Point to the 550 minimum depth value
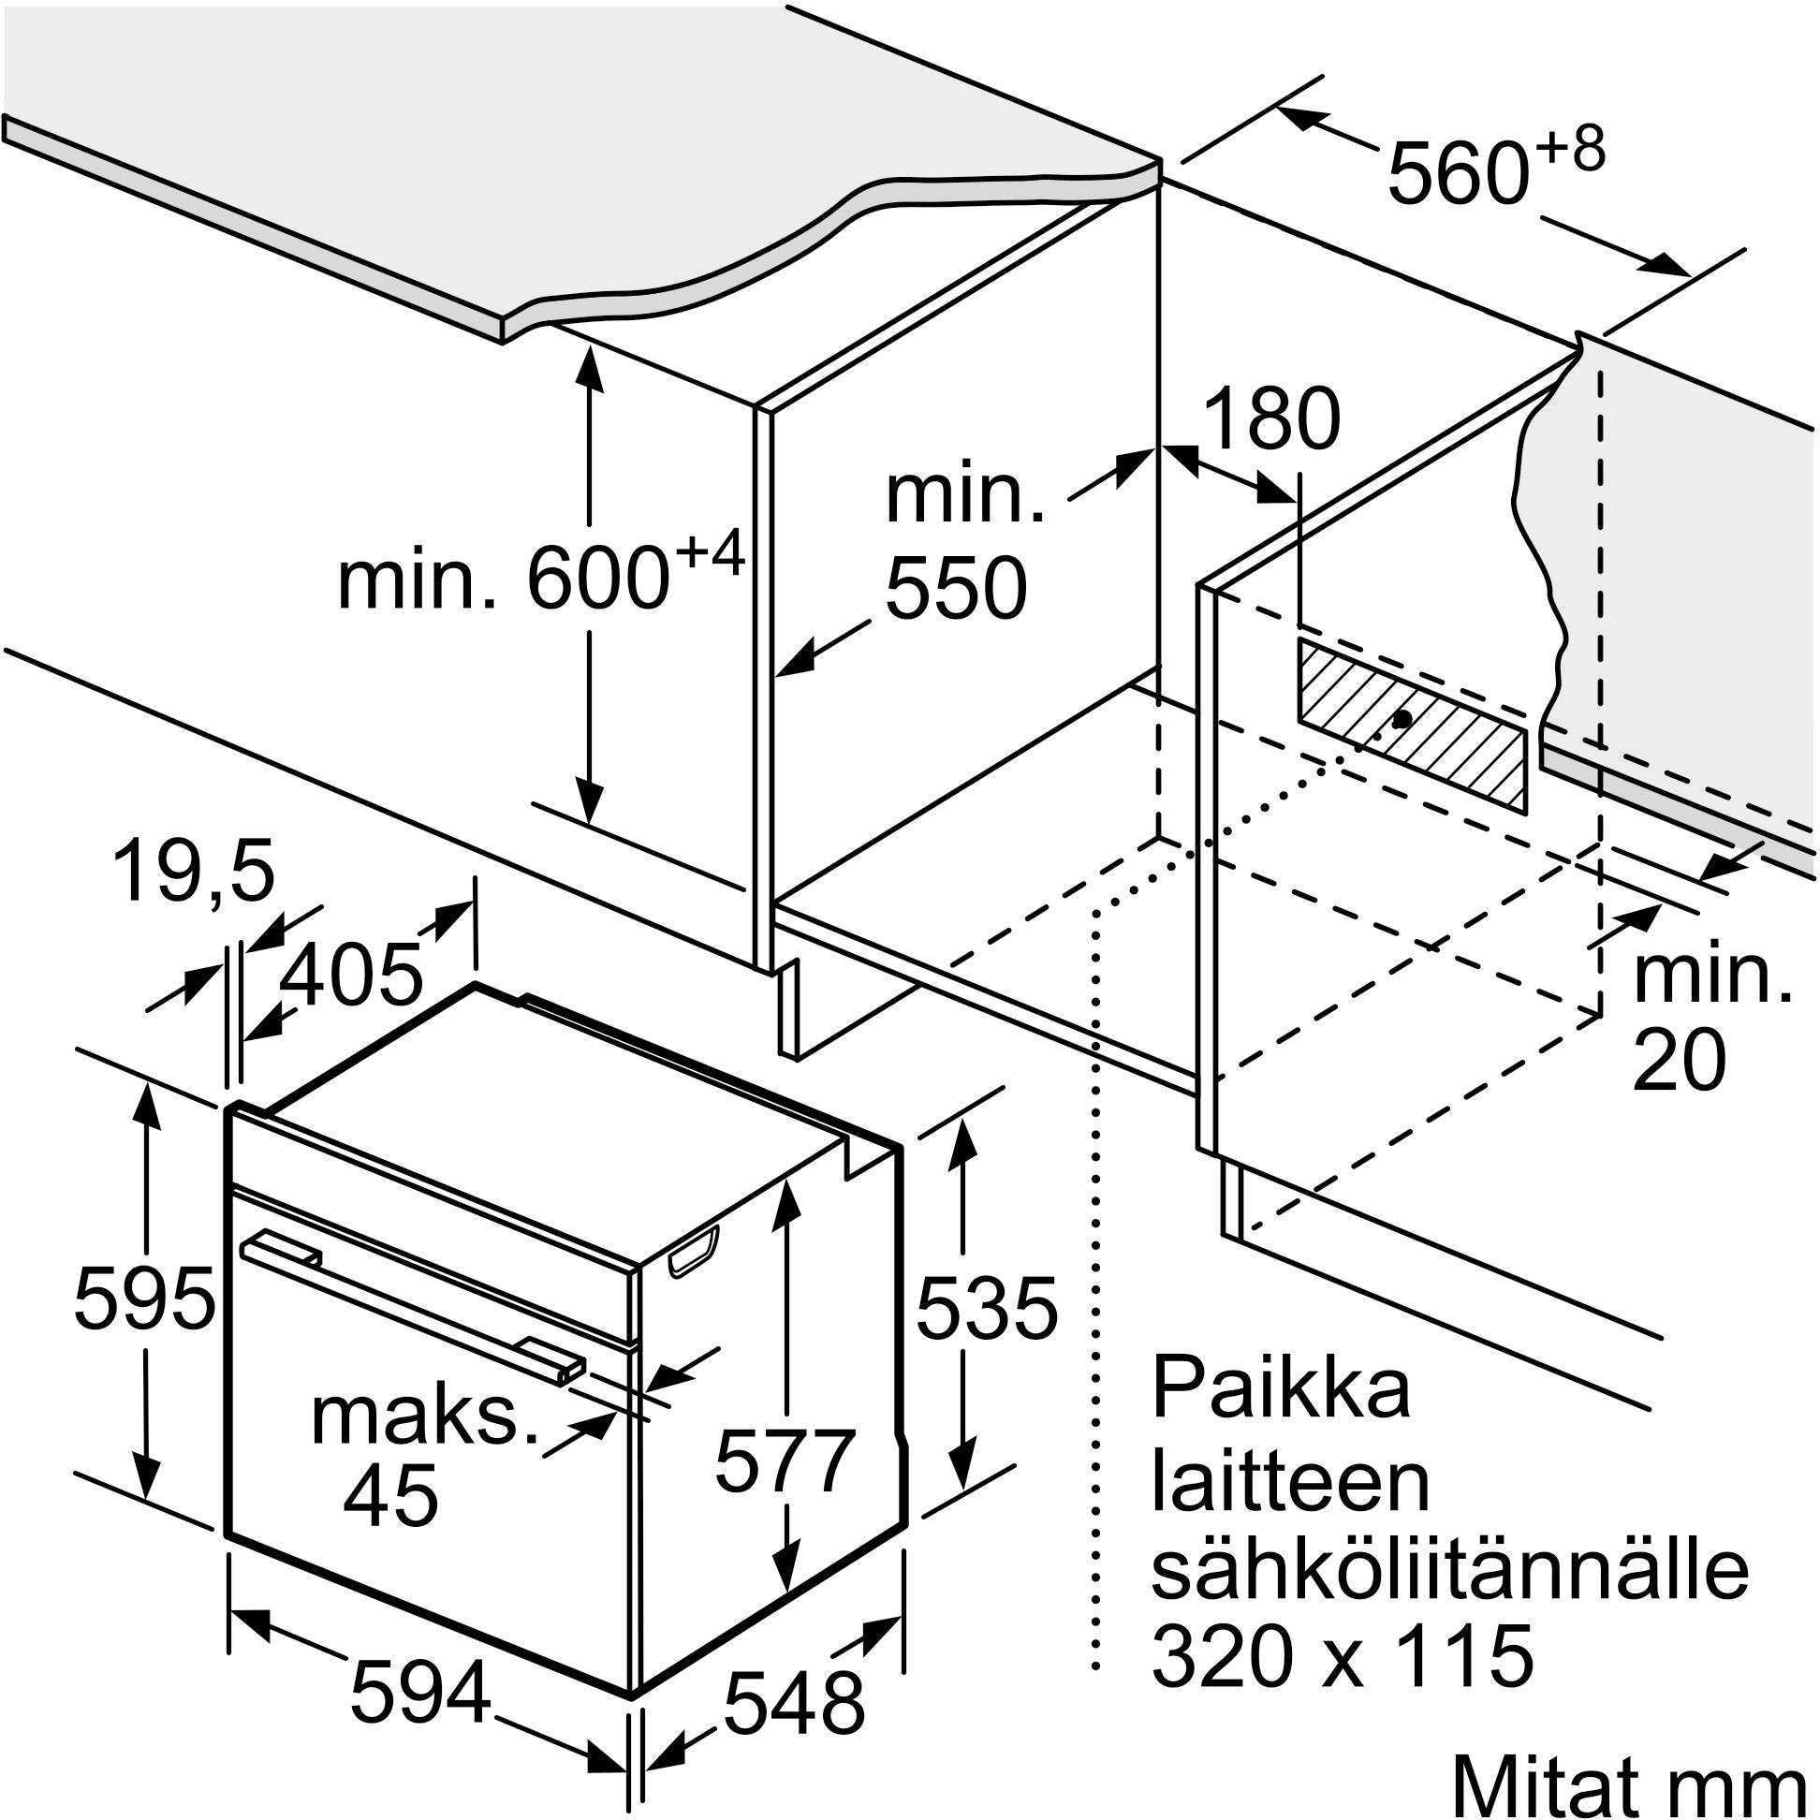pyautogui.click(x=955, y=588)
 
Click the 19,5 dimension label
pyautogui.click(x=193, y=872)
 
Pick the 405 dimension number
pyautogui.click(x=351, y=974)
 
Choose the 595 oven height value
pyautogui.click(x=144, y=1299)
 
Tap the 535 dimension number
pyautogui.click(x=987, y=1309)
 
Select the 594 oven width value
pyautogui.click(x=420, y=1692)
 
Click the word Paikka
pyautogui.click(x=1280, y=1387)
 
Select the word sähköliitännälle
pyautogui.click(x=1450, y=1568)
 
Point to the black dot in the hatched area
pyautogui.click(x=1401, y=720)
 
